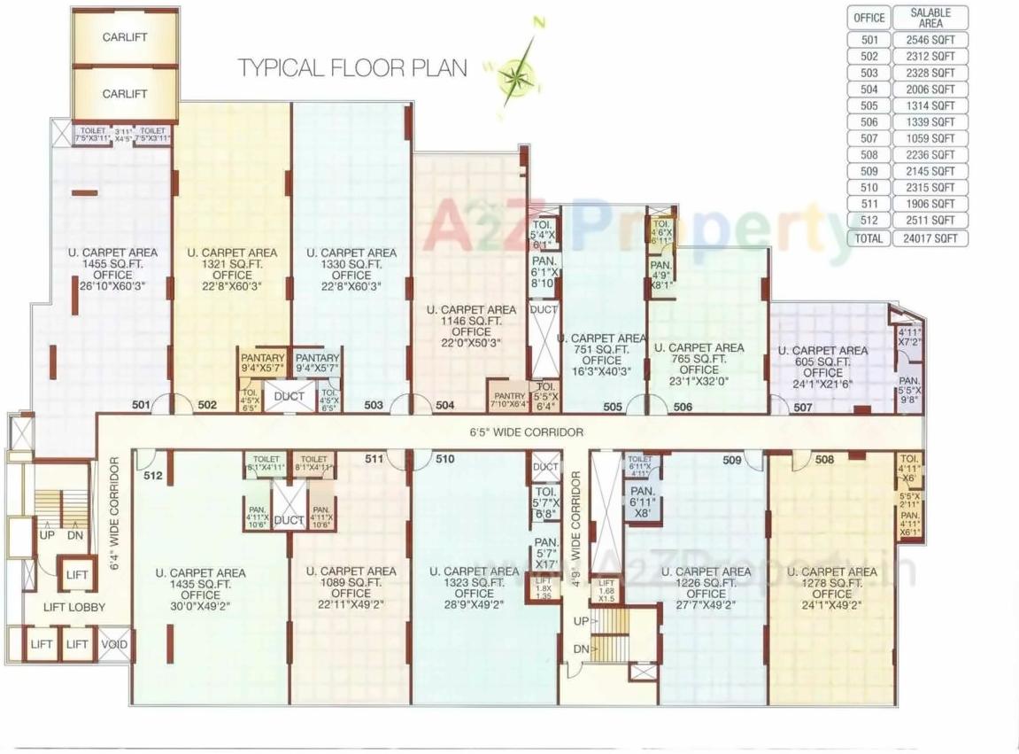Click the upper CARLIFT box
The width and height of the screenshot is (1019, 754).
[x=124, y=38]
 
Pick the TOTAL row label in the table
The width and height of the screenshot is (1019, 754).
[x=868, y=238]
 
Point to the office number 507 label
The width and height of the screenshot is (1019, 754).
[x=802, y=408]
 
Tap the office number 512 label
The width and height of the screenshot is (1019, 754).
[x=152, y=476]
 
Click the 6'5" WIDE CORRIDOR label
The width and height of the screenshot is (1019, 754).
[x=526, y=432]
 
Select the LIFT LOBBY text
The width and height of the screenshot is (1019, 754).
[x=74, y=607]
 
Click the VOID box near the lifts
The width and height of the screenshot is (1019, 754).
[x=112, y=644]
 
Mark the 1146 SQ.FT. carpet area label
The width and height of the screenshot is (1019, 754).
[x=471, y=321]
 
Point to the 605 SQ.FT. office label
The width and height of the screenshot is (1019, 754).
[x=822, y=361]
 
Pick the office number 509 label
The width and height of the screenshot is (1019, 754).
[x=731, y=460]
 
